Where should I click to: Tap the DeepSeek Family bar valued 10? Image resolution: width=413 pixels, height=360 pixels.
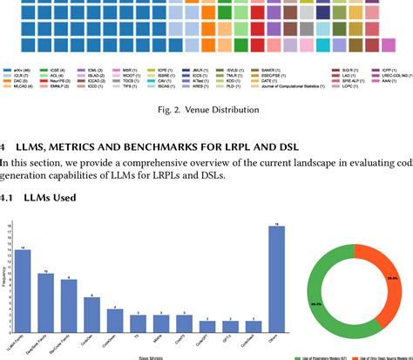[45, 305]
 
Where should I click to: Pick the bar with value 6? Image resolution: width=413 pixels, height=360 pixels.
[91, 317]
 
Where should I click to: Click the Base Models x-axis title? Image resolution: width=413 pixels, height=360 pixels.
[149, 357]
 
